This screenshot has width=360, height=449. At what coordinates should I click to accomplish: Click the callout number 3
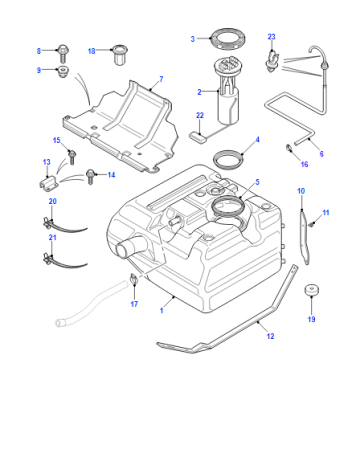[x=193, y=39]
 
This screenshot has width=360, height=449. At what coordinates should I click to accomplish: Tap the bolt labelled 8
[x=63, y=53]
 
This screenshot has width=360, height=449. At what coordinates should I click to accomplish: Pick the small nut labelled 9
[x=63, y=72]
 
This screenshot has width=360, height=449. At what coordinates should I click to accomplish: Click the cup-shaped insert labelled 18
[x=120, y=54]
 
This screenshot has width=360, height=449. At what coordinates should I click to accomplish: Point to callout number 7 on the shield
[x=161, y=79]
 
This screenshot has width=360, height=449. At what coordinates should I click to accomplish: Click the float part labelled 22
[x=197, y=137]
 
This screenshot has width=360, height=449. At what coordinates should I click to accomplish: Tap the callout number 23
[x=272, y=37]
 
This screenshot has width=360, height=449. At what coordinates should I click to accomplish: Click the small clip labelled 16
[x=289, y=148]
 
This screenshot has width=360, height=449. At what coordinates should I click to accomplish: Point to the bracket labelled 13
[x=49, y=184]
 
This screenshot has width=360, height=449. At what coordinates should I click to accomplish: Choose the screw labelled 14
[x=90, y=176]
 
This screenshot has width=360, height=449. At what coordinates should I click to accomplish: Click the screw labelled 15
[x=72, y=157]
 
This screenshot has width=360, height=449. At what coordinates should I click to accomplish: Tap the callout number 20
[x=53, y=201]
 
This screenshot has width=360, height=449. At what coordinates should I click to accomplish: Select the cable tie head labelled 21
[x=48, y=258]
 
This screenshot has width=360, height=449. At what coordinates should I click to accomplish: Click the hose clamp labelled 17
[x=134, y=279]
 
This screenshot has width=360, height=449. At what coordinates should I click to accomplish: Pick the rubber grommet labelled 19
[x=312, y=290]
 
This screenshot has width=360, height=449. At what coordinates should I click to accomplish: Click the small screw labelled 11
[x=312, y=224]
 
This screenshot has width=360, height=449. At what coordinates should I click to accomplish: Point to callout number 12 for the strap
[x=270, y=336]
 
